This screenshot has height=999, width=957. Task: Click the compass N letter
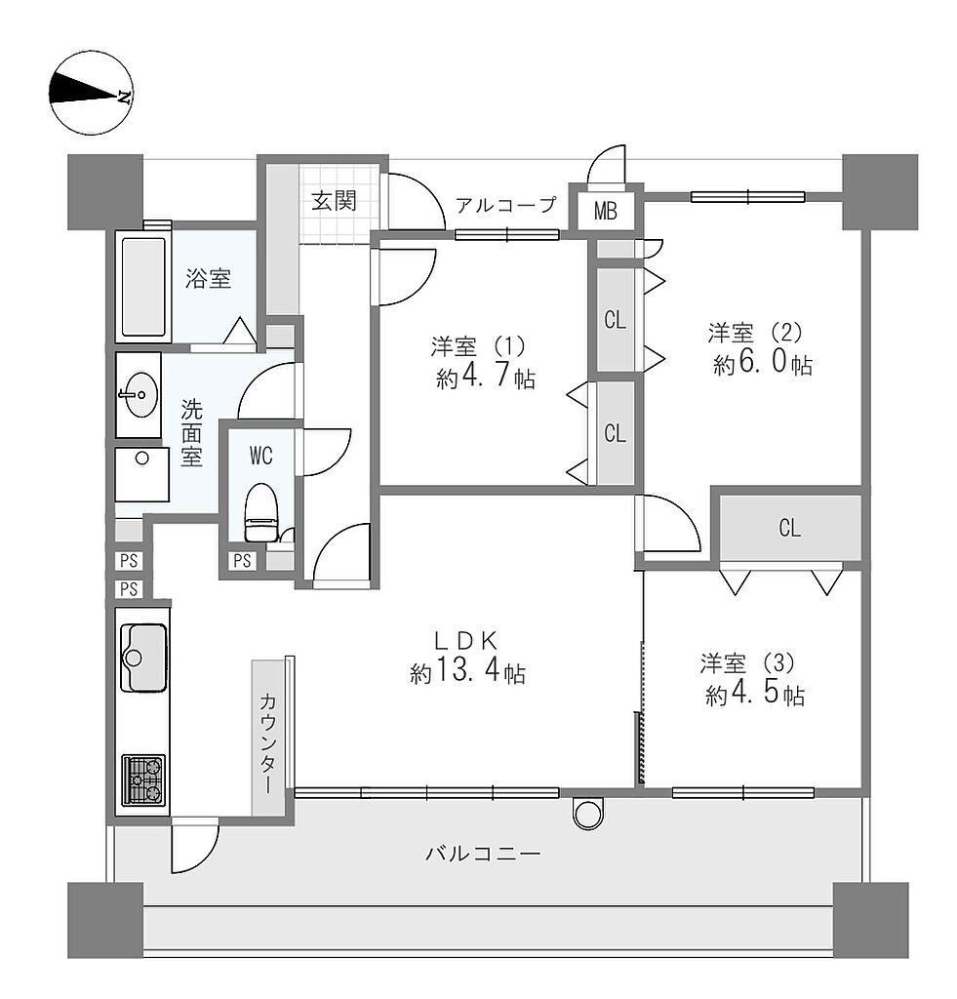pyautogui.click(x=124, y=97)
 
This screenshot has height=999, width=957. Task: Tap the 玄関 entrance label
pyautogui.click(x=334, y=201)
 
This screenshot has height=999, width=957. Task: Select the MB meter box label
pyautogui.click(x=605, y=211)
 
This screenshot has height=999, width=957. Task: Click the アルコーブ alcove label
pyautogui.click(x=506, y=205)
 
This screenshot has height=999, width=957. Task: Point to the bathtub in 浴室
pyautogui.click(x=143, y=286)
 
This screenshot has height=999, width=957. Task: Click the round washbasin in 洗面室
pyautogui.click(x=138, y=394)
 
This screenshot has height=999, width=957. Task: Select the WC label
pyautogui.click(x=261, y=456)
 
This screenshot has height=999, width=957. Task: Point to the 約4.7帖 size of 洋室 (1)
pyautogui.click(x=486, y=378)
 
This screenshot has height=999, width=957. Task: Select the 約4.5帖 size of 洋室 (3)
pyautogui.click(x=754, y=694)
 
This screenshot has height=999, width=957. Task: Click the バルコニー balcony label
pyautogui.click(x=483, y=853)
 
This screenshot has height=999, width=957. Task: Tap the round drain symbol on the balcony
pyautogui.click(x=587, y=813)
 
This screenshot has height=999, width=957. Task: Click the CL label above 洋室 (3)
pyautogui.click(x=789, y=528)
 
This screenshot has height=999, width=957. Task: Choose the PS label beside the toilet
pyautogui.click(x=242, y=561)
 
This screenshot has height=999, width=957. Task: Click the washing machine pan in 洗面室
pyautogui.click(x=142, y=474)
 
